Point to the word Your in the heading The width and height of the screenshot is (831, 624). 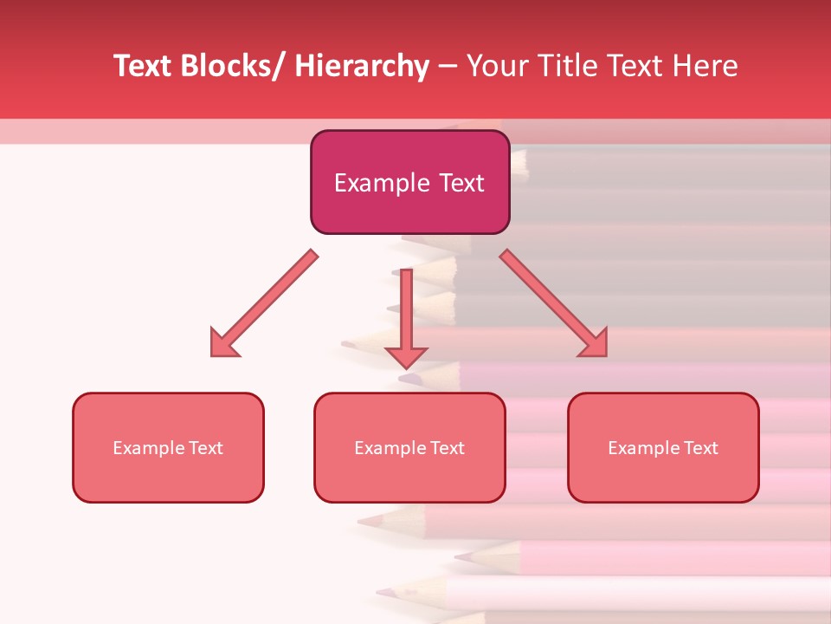(x=495, y=66)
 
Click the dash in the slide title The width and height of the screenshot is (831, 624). (x=448, y=67)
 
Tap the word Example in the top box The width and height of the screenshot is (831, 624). (x=382, y=183)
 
